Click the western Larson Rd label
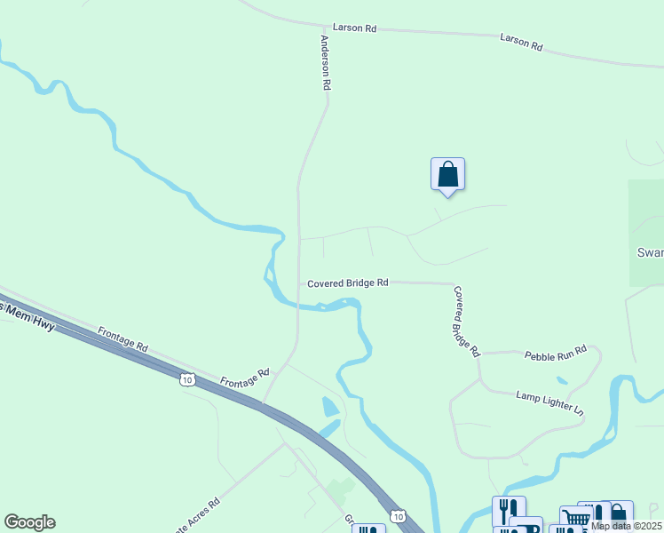tap(355, 28)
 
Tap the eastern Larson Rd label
tap(521, 41)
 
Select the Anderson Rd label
tap(325, 63)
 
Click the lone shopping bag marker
tap(447, 174)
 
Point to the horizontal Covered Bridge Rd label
tap(348, 283)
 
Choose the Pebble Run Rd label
tap(556, 354)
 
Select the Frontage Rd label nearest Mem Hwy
tap(123, 336)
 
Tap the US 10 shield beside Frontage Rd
tap(186, 380)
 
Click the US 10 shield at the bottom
tap(397, 516)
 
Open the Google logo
tap(29, 522)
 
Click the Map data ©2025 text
tap(626, 526)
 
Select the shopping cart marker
tap(575, 517)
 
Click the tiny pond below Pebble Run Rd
tap(561, 381)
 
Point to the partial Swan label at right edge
tap(651, 252)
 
